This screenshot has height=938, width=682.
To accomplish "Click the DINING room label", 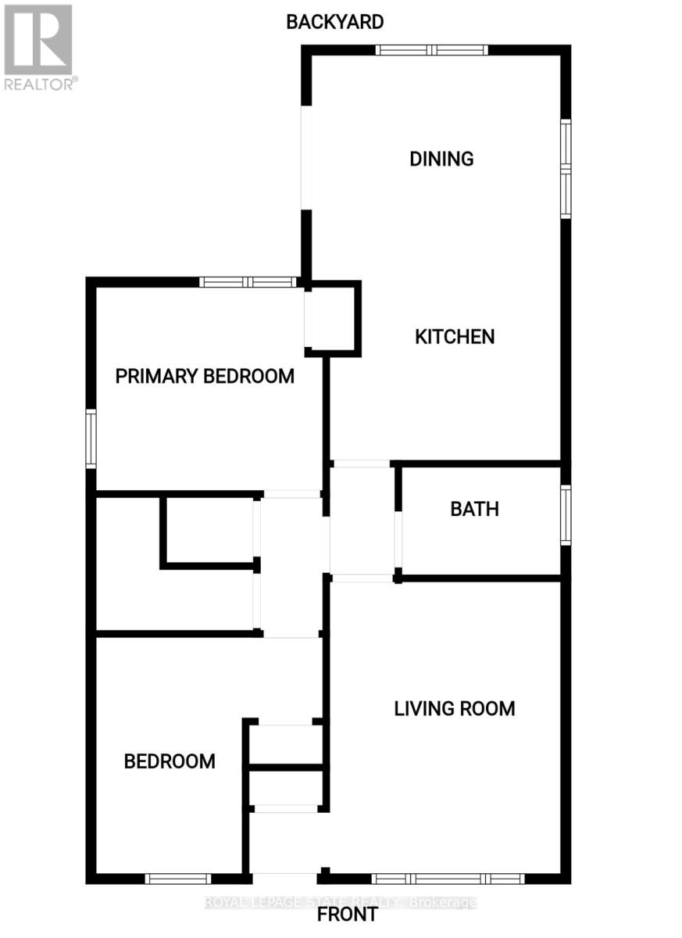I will (441, 159).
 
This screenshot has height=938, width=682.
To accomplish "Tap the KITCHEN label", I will (454, 337).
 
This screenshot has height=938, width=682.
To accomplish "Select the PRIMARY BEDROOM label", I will (205, 376).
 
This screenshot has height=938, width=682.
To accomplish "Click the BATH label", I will (474, 509).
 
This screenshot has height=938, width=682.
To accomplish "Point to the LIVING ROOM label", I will (454, 709).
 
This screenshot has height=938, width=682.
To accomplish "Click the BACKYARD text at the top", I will (334, 22).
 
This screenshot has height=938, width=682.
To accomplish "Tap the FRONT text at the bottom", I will (348, 914).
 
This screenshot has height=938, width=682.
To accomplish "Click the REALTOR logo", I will (39, 47).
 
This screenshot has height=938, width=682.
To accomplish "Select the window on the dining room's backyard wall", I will (431, 50).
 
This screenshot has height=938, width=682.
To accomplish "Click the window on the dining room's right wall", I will (566, 168).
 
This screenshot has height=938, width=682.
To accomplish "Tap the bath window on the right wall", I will (566, 514).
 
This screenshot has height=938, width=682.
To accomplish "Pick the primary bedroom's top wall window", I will (248, 282).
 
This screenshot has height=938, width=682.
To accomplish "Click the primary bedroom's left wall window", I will (91, 439).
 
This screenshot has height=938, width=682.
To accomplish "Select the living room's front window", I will (448, 879).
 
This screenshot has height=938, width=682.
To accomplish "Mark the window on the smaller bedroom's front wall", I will (178, 879).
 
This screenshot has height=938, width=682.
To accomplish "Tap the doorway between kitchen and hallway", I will (361, 464).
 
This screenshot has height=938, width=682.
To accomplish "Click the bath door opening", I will (398, 539).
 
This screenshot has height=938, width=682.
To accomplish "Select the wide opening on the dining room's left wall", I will (306, 157).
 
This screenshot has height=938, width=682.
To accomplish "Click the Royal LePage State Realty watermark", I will (341, 902).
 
